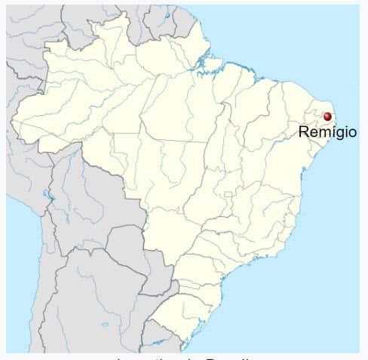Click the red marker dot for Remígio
327,117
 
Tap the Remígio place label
327,132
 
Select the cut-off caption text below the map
184,356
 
